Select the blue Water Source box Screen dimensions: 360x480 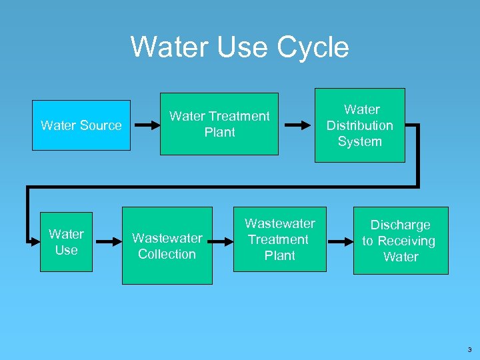[x=81, y=125]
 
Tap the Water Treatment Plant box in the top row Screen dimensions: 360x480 [x=219, y=124]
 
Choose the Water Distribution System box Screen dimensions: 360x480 [x=359, y=125]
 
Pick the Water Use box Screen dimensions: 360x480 [x=66, y=242]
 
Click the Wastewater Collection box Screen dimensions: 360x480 [x=167, y=246]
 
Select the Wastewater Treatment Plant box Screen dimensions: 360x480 [x=279, y=239]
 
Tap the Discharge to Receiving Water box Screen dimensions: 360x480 [x=400, y=241]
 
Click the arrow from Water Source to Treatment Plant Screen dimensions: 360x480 [x=145, y=125]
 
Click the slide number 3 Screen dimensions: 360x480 [x=469, y=349]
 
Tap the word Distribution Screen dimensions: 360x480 [x=359, y=125]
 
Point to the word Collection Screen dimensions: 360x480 [x=167, y=254]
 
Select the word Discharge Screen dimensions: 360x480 [x=400, y=225]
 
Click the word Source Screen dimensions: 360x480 [x=100, y=125]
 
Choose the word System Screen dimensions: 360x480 [x=359, y=141]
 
